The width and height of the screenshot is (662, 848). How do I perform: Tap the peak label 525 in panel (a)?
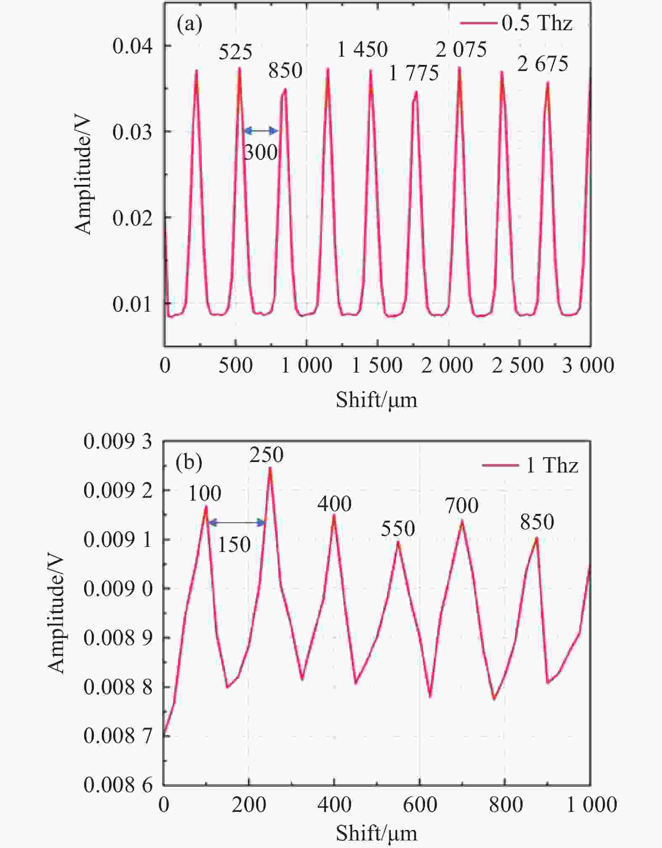235,52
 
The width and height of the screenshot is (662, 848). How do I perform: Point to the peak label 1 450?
362,50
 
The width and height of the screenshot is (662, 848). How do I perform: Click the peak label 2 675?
543,64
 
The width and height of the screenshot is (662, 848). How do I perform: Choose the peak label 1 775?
414,74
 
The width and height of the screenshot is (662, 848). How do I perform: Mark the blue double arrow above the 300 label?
261,131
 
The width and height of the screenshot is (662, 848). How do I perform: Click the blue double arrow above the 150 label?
237,523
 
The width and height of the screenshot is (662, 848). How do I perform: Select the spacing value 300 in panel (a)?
261,152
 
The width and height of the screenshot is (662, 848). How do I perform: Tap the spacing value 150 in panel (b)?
234,545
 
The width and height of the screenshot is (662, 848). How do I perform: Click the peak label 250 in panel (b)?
266,455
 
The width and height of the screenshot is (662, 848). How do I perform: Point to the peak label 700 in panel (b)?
462,505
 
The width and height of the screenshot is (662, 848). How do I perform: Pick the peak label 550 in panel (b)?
398,528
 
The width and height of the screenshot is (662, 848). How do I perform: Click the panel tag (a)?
189,24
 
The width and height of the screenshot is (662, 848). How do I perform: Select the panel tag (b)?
189,462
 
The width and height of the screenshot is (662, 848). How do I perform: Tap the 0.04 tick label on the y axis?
132,45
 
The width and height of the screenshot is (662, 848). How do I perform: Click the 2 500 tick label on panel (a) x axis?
518,365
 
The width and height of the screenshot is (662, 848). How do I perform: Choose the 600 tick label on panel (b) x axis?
420,805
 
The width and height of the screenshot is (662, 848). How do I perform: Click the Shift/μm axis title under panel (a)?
376,399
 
